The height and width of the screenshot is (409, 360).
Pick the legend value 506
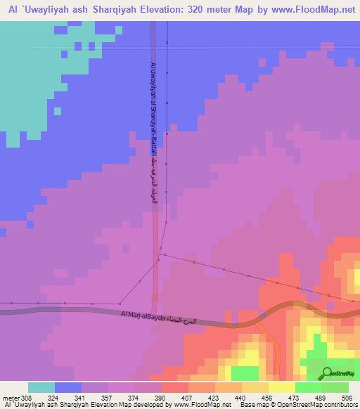(347, 398)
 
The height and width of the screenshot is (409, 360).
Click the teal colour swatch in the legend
(41, 387)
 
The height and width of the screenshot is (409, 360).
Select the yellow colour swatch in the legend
(281, 387)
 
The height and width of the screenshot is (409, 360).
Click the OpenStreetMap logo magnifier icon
(327, 372)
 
